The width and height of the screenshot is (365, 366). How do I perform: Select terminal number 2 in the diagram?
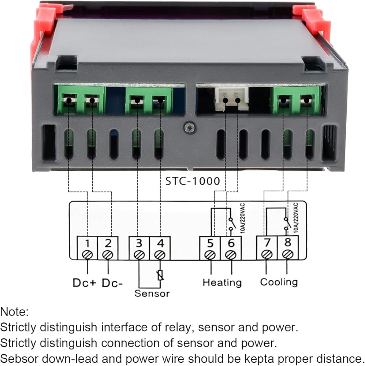point(108,243)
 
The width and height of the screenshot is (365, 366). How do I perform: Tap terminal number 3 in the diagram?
point(139,243)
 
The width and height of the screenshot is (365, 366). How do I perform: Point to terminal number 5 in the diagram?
point(210,243)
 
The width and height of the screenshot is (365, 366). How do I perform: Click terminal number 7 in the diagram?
point(267,243)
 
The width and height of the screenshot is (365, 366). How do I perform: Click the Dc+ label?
point(84,283)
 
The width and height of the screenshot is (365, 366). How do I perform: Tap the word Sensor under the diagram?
point(152,293)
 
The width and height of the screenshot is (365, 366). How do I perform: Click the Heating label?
point(222,282)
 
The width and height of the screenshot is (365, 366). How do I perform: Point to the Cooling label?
point(279,282)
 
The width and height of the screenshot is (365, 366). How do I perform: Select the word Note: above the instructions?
point(14,312)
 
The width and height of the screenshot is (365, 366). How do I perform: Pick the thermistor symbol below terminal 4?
point(160,275)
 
